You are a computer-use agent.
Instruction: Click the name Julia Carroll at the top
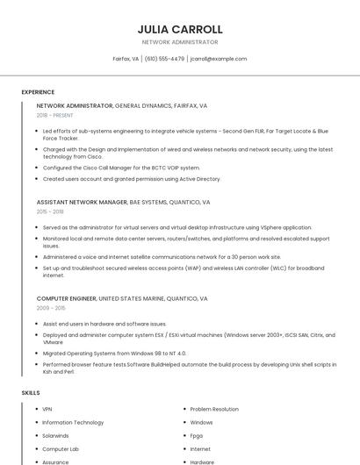[180, 29]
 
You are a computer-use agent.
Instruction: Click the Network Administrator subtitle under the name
[180, 42]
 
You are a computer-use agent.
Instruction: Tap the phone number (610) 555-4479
[164, 59]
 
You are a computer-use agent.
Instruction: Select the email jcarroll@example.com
[219, 59]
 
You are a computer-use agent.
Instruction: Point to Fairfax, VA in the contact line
[126, 59]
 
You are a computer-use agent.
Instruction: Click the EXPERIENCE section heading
[38, 92]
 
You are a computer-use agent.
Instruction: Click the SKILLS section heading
[31, 392]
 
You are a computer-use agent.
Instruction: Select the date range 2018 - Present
[55, 115]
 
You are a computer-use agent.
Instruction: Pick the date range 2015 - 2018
[50, 211]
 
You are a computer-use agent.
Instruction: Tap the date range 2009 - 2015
[50, 308]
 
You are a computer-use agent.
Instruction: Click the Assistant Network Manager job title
[82, 202]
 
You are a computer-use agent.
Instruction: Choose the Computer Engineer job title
[67, 298]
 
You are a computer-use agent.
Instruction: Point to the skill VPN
[47, 409]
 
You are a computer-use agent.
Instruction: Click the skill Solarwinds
[55, 435]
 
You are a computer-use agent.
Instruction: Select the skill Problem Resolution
[214, 409]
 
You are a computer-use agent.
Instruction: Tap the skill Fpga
[197, 435]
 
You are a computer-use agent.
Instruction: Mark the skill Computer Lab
[61, 448]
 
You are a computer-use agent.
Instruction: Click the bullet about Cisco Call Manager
[121, 167]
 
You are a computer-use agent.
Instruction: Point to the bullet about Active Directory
[132, 178]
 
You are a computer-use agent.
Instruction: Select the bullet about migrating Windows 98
[114, 353]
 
